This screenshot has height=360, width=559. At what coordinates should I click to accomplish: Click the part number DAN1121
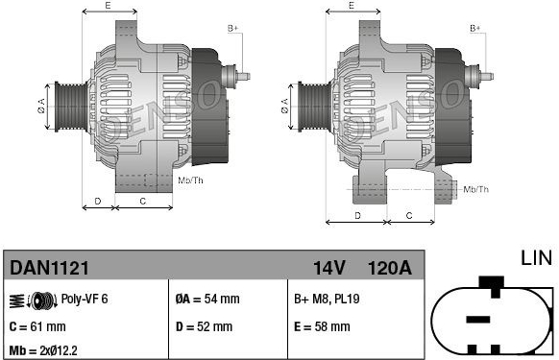click(49, 268)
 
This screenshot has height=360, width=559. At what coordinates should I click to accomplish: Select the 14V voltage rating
click(328, 268)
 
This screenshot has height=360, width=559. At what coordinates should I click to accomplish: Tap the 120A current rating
click(389, 268)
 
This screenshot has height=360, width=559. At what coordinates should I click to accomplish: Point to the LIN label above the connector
click(536, 258)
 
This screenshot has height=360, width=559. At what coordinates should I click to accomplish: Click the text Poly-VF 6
click(85, 299)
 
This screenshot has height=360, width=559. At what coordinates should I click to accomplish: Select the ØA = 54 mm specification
click(207, 299)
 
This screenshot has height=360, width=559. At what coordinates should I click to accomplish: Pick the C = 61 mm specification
click(37, 326)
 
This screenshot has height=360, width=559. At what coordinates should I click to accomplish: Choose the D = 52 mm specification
click(204, 326)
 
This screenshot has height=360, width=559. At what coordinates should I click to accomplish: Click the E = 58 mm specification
click(322, 326)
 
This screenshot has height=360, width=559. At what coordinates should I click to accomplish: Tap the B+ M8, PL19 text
click(327, 299)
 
